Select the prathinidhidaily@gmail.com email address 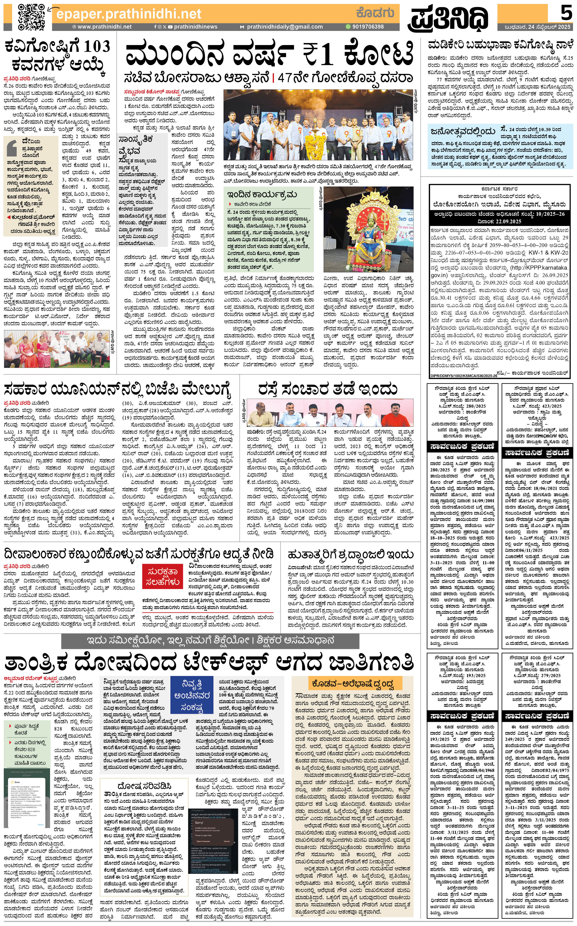tap(284, 27)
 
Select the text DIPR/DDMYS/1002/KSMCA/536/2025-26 tap(464, 376)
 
